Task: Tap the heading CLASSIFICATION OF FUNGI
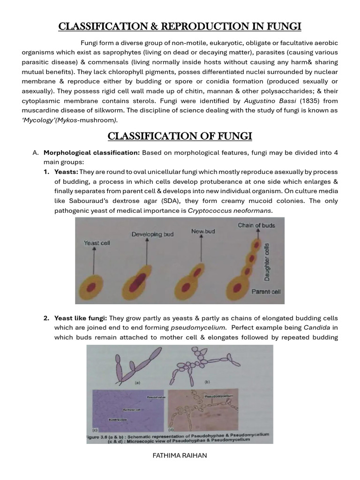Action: tap(180, 136)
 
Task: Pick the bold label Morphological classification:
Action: tap(91, 153)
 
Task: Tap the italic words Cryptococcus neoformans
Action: tap(230, 210)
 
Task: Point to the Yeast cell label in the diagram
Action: tap(97, 243)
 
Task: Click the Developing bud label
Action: tap(152, 234)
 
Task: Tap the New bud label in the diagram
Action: tap(203, 232)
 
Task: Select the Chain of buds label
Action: tap(256, 225)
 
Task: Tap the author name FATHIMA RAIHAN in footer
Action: tap(180, 456)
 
